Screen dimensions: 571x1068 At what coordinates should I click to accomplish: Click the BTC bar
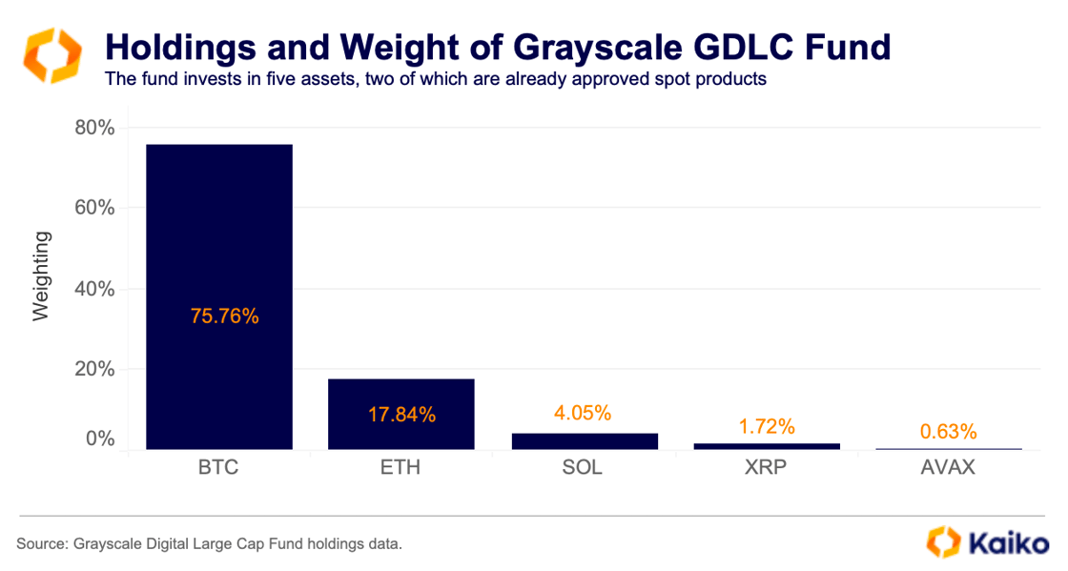[218, 238]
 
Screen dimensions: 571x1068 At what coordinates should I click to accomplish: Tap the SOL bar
[584, 441]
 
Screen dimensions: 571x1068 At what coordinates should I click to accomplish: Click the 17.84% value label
[401, 415]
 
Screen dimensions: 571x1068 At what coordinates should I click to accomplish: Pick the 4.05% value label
[583, 413]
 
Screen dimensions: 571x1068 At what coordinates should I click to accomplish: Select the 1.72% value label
[767, 426]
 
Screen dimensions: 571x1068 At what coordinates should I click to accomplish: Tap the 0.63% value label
[948, 432]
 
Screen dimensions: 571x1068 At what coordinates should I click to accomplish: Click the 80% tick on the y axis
[94, 128]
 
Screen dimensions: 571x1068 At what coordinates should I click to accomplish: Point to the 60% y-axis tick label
[94, 208]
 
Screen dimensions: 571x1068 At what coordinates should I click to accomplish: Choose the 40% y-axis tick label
[94, 289]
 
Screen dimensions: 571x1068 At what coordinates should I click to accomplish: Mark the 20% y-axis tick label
[94, 369]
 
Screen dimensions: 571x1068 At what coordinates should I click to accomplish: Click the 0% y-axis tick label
[100, 439]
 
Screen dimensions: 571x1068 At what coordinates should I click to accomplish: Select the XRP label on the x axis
[767, 468]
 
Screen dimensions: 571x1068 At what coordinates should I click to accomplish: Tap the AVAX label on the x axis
[949, 468]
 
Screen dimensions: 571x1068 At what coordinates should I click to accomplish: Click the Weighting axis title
[41, 276]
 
